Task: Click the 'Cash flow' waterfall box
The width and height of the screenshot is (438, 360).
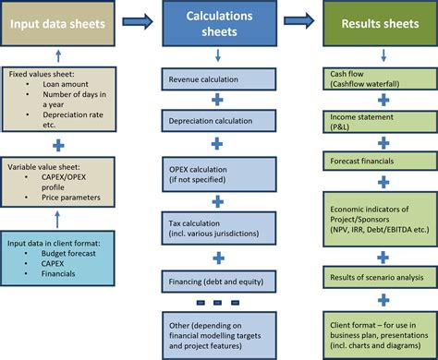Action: [379, 78]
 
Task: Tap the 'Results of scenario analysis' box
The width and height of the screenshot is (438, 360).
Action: [379, 277]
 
